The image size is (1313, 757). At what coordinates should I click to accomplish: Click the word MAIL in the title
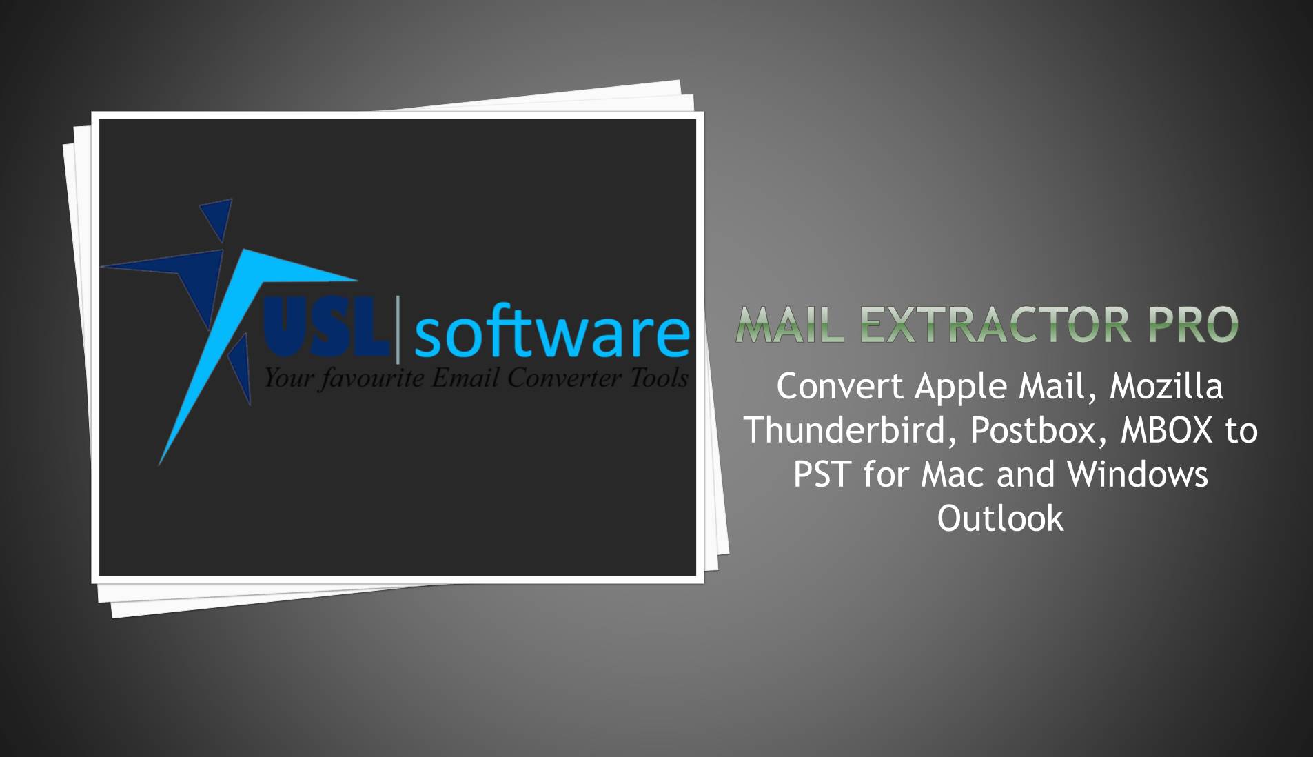tap(790, 325)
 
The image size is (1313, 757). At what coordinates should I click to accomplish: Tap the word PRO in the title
tap(1193, 325)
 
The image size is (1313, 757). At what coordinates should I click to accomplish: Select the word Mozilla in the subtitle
tap(1166, 387)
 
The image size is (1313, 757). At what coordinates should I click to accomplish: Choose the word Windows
tap(1137, 474)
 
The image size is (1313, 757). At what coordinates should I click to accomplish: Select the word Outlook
tap(1000, 518)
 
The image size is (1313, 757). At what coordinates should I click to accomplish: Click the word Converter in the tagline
tap(564, 378)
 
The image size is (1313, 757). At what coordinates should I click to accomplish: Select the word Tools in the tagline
tap(659, 378)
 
